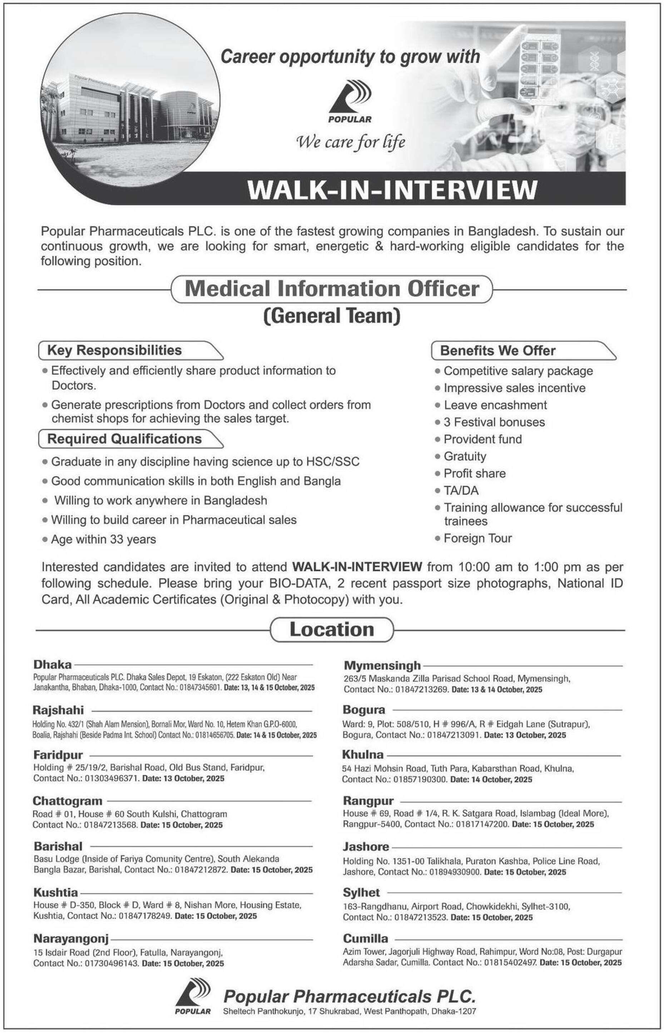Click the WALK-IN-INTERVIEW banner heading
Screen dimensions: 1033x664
[392, 190]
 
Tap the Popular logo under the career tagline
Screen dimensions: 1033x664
[350, 101]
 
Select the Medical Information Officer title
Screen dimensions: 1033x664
[332, 289]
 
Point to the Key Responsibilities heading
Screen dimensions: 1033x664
[115, 350]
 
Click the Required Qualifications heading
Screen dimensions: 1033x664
[125, 439]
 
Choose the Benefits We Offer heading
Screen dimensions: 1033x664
[497, 351]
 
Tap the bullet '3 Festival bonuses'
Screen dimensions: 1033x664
[494, 422]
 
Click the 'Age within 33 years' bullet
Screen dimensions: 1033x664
[104, 539]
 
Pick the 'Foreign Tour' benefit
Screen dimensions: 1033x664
[478, 538]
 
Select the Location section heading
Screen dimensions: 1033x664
[332, 630]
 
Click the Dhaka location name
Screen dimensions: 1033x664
[53, 665]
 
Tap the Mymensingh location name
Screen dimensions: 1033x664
[382, 665]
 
